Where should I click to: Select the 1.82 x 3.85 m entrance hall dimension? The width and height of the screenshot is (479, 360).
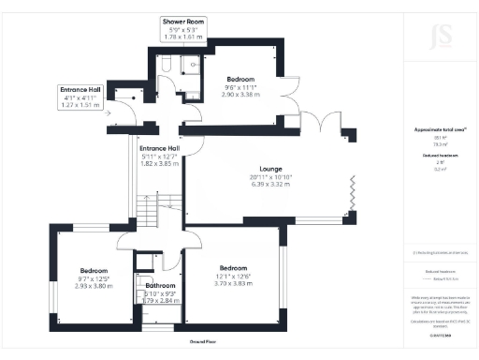tap(159, 164)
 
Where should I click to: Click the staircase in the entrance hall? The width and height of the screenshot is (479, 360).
tap(146, 208)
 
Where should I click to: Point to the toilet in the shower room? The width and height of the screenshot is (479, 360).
tap(165, 66)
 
